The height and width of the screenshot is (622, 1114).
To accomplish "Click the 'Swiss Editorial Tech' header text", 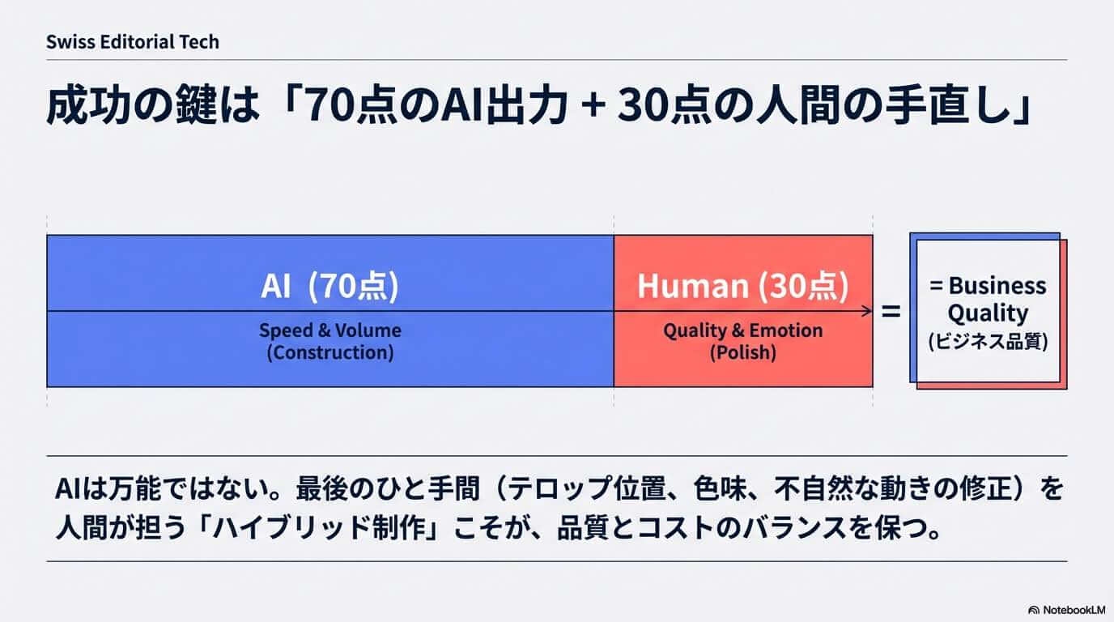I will pos(133,42).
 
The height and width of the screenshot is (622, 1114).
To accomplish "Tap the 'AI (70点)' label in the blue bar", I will pos(330,286).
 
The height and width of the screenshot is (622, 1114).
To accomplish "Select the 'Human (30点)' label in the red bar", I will pos(742,286).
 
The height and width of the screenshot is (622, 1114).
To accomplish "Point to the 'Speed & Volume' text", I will pos(330,330).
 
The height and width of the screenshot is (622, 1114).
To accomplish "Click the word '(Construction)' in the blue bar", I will pos(330,353).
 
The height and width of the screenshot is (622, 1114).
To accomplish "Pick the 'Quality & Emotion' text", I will pos(742,330).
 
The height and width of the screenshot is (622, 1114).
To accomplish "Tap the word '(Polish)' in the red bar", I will pos(742,353).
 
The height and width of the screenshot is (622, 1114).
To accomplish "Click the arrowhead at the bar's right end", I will pos(867,310).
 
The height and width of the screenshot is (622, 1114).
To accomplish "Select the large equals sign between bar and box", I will pos(891,310).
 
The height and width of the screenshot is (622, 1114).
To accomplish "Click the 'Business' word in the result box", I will pos(997,286).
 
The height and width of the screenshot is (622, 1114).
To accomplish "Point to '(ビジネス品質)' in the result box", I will pos(988,342).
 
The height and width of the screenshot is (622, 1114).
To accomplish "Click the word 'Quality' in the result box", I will pos(988,313).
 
